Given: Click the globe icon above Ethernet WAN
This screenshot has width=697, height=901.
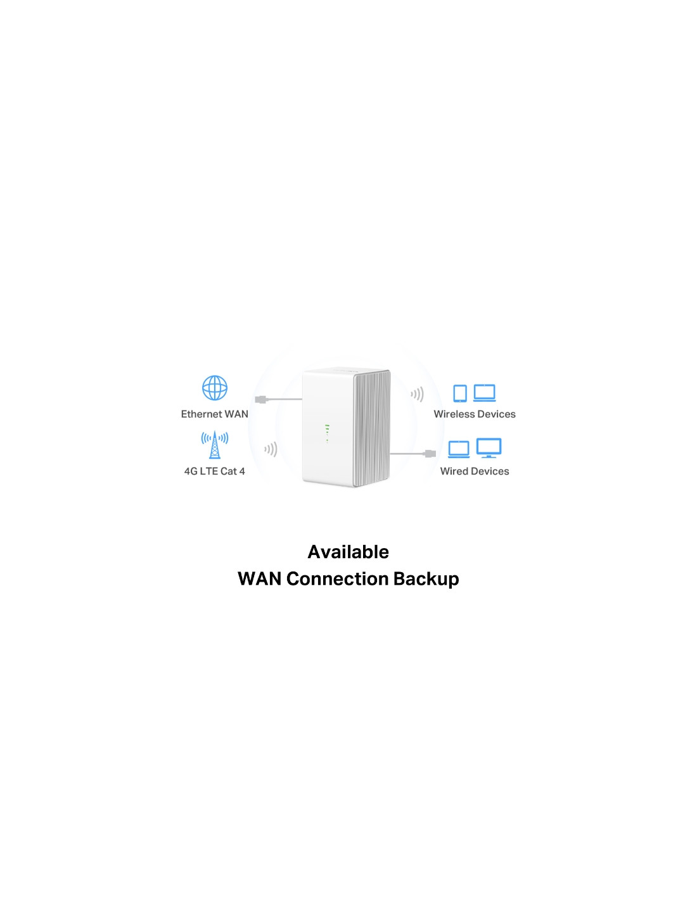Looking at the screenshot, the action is click(x=214, y=388).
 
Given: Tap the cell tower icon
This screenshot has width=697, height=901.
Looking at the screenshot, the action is click(x=214, y=445).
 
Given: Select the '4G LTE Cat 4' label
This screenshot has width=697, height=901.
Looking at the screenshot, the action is click(x=214, y=471).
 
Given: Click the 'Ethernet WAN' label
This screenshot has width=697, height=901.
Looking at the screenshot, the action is click(x=214, y=414).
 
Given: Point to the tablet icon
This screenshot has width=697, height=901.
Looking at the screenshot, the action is click(x=460, y=393).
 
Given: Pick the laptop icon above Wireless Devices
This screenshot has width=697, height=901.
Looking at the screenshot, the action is click(x=484, y=393).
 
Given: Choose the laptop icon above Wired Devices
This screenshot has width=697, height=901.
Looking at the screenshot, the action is click(x=459, y=449).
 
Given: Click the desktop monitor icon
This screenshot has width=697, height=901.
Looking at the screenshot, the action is click(x=489, y=448).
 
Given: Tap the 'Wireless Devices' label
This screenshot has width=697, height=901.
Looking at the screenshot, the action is click(x=475, y=414).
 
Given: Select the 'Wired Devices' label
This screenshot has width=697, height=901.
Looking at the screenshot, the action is click(x=475, y=471).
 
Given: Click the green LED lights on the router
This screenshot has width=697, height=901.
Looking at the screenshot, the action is click(x=327, y=433).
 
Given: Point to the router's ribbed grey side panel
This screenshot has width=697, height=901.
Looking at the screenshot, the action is click(x=373, y=428).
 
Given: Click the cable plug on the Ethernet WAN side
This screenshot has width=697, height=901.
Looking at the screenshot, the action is click(x=261, y=399).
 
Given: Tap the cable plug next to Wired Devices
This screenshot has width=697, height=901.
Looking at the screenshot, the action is click(x=430, y=454).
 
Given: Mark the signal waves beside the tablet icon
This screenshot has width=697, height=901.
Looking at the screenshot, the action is click(x=417, y=394).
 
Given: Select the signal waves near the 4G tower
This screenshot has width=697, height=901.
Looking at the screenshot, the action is click(x=271, y=449).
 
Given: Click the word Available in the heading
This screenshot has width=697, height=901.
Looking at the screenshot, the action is click(x=348, y=552).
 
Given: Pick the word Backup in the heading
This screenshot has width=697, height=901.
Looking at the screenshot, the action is click(x=426, y=579).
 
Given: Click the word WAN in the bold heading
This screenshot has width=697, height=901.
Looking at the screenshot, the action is click(x=260, y=579).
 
